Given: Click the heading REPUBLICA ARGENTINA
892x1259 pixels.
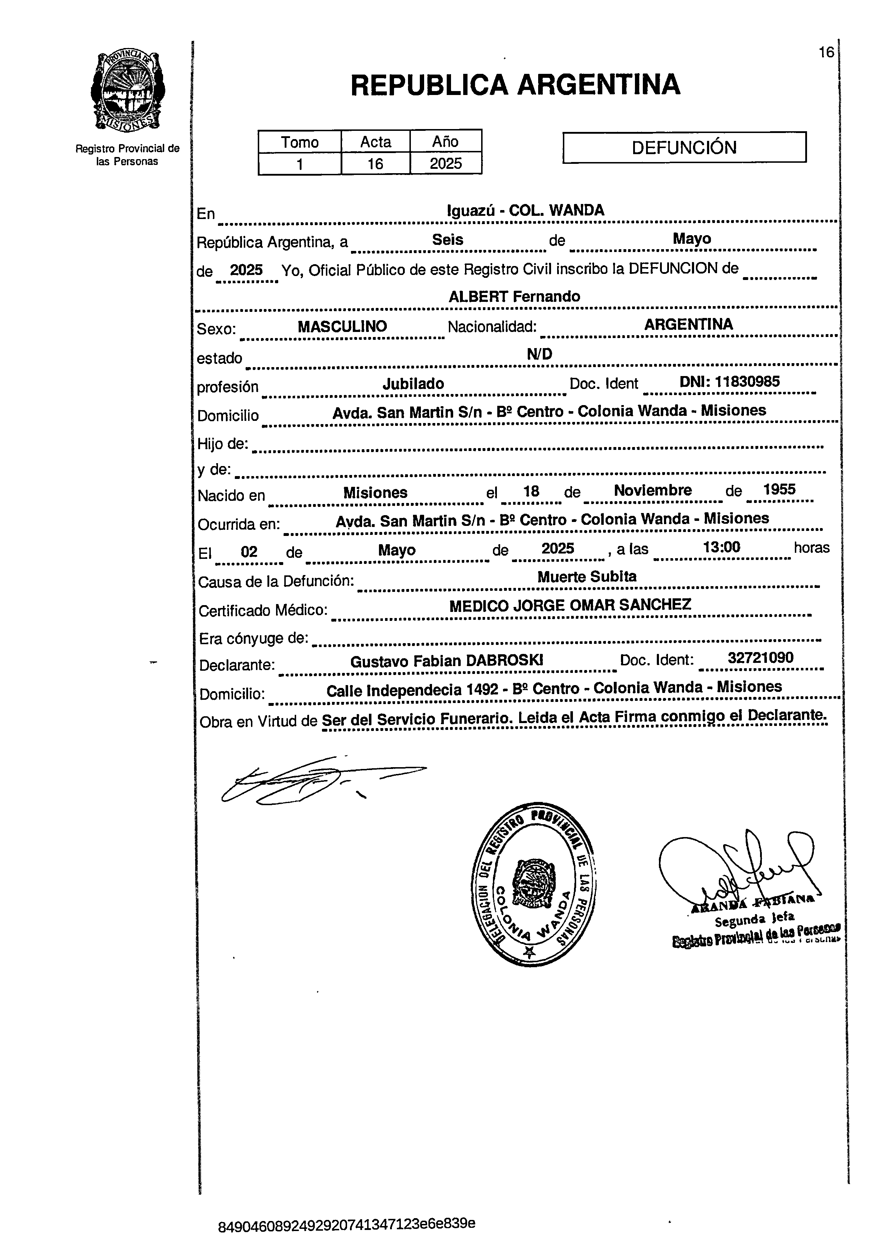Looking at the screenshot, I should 515,85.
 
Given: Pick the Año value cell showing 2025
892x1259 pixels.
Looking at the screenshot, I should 445,163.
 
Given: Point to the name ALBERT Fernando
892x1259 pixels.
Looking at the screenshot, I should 514,296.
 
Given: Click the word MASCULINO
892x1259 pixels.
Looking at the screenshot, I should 342,326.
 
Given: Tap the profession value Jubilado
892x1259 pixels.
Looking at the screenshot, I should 413,384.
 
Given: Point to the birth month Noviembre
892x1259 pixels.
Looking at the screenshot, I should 653,490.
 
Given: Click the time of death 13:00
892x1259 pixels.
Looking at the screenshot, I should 721,547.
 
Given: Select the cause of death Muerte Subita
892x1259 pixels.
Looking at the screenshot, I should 587,576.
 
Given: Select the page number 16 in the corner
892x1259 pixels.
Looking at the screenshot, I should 826,53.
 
